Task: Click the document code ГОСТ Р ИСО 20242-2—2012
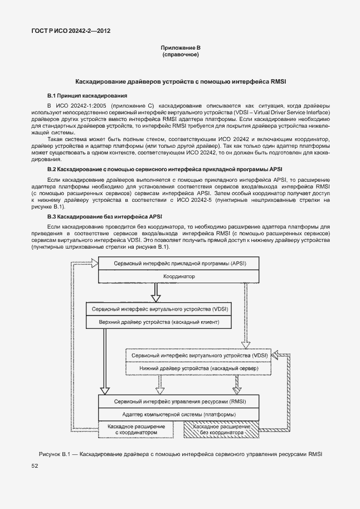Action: coord(70,32)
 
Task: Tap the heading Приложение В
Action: coord(180,50)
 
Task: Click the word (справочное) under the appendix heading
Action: coord(180,56)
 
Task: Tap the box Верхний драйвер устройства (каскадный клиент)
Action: coord(159,322)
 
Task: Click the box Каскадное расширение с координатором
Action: coord(132,429)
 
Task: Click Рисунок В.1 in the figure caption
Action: coord(56,454)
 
